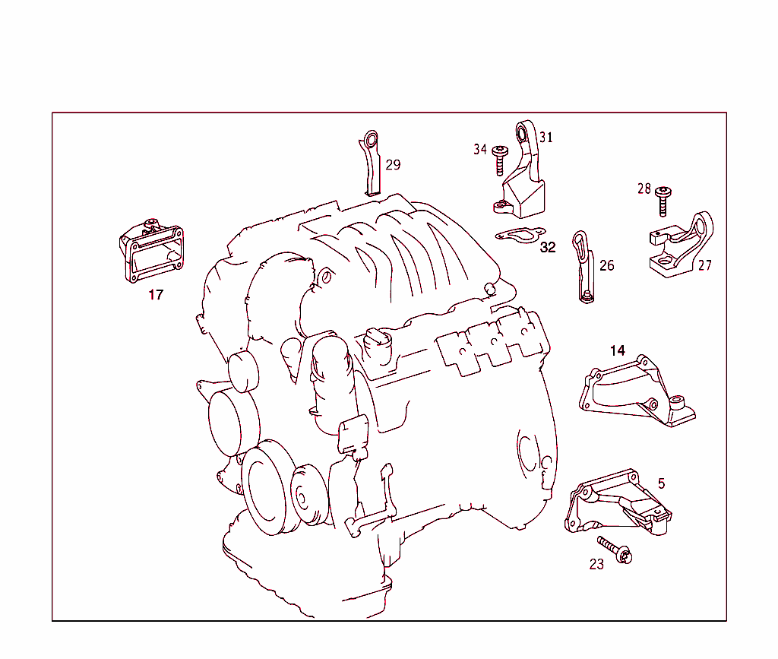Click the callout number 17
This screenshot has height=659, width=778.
pos(156,295)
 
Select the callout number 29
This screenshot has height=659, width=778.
pos(392,165)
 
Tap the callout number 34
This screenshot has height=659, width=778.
pos(480,150)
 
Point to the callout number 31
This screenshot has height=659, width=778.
pos(546,138)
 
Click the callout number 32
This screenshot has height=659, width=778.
pos(548,248)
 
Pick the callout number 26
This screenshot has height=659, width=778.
pos(606,266)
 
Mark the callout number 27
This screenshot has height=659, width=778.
pos(705,266)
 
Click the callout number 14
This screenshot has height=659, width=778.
pos(618,350)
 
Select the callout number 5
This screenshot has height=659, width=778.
pos(661,483)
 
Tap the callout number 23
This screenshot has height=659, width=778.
pos(596,565)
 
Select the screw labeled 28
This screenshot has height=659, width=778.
pos(663,201)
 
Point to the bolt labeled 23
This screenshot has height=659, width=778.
pos(615,550)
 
